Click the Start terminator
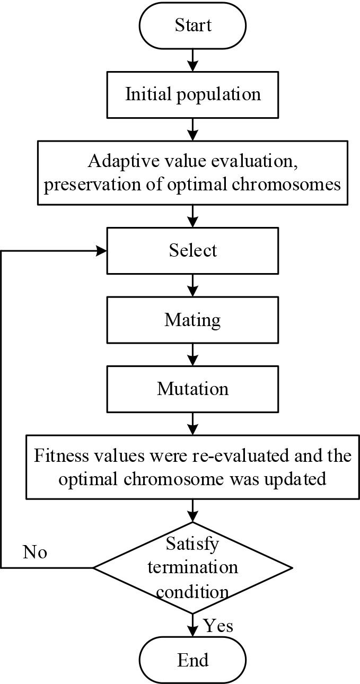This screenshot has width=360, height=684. (193, 25)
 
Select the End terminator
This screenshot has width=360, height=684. (193, 660)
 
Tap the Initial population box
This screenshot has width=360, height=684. (193, 94)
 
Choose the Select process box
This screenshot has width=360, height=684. (193, 250)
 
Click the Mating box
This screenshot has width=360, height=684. (193, 320)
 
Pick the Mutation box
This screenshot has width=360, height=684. (193, 389)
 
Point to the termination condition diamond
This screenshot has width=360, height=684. (193, 567)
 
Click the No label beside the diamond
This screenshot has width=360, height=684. (35, 553)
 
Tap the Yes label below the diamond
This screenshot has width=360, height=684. (218, 626)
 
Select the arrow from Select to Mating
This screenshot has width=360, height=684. (193, 285)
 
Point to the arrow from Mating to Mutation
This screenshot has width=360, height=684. (193, 354)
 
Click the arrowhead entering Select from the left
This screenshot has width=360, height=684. (102, 250)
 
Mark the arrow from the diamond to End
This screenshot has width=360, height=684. (193, 624)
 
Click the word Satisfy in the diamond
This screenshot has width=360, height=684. (192, 544)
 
